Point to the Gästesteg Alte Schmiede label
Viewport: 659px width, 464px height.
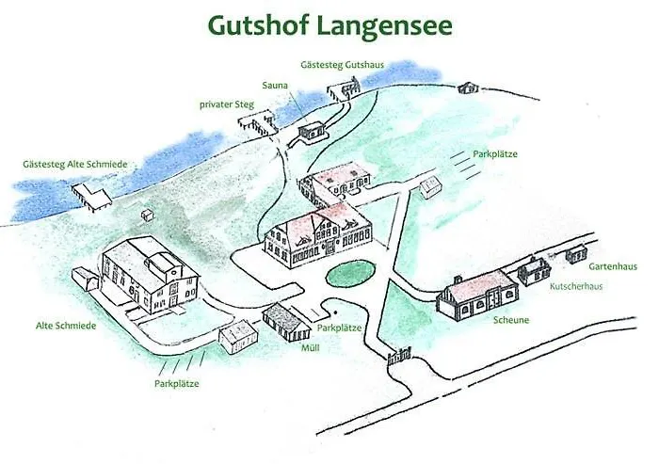[x=74, y=164]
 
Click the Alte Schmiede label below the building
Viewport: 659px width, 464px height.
[x=67, y=326]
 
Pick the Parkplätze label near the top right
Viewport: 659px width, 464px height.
[x=496, y=153]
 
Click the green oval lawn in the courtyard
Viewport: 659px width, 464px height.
[x=350, y=275]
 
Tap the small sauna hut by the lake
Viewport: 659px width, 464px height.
[x=312, y=133]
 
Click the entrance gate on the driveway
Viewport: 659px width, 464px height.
[x=400, y=356]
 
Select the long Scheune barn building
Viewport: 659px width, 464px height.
[x=477, y=296]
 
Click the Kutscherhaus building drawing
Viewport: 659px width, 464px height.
[x=534, y=270]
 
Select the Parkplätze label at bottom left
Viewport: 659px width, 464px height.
[x=177, y=383]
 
